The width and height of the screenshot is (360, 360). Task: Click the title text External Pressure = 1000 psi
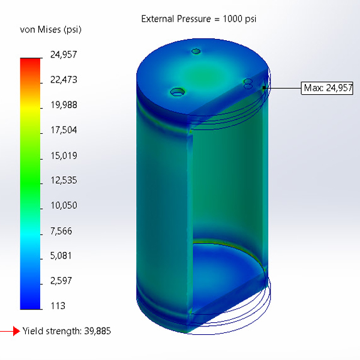click(x=199, y=19)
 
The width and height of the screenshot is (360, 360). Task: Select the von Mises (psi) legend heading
click(x=50, y=30)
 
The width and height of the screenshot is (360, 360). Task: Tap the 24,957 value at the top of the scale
click(x=64, y=55)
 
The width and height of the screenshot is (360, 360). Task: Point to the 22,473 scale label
click(x=64, y=80)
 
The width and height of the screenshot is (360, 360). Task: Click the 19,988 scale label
click(x=64, y=105)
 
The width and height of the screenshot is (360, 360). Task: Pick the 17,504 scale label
click(x=64, y=130)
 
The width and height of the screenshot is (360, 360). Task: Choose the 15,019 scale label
click(x=64, y=155)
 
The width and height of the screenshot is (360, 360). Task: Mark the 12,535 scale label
click(x=64, y=181)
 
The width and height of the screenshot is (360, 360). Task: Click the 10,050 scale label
click(x=64, y=205)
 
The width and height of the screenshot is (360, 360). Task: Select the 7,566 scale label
click(x=61, y=231)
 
